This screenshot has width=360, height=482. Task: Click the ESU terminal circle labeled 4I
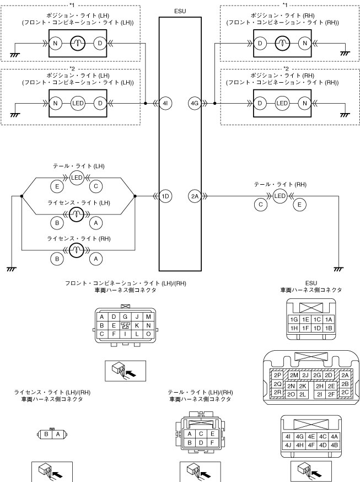click(x=165, y=104)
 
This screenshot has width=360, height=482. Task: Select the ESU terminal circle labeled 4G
click(x=195, y=104)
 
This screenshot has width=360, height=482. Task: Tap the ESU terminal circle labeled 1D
click(x=165, y=196)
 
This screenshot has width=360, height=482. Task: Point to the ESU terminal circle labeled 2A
click(x=195, y=196)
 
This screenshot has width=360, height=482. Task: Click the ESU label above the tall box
click(x=180, y=11)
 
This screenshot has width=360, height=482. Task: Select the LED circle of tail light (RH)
click(x=280, y=196)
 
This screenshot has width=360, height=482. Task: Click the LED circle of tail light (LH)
click(x=77, y=178)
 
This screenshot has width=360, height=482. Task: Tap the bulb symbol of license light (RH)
click(x=77, y=250)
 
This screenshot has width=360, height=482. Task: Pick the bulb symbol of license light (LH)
click(x=77, y=215)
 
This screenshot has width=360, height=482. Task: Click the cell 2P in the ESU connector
click(x=277, y=376)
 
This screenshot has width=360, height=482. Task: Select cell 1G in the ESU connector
click(x=294, y=320)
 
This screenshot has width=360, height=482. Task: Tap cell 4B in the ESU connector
click(x=334, y=445)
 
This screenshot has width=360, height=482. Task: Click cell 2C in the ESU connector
click(x=345, y=392)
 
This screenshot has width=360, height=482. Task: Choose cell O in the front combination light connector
click(x=148, y=334)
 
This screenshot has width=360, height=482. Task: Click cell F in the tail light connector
click(x=212, y=443)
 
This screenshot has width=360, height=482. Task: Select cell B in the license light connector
click(x=46, y=434)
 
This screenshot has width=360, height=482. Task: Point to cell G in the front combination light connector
click(x=125, y=317)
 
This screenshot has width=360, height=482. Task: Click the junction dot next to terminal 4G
click(x=214, y=104)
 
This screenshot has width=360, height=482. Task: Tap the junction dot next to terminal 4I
click(x=146, y=104)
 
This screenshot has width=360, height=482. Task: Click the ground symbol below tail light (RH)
click(x=338, y=269)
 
